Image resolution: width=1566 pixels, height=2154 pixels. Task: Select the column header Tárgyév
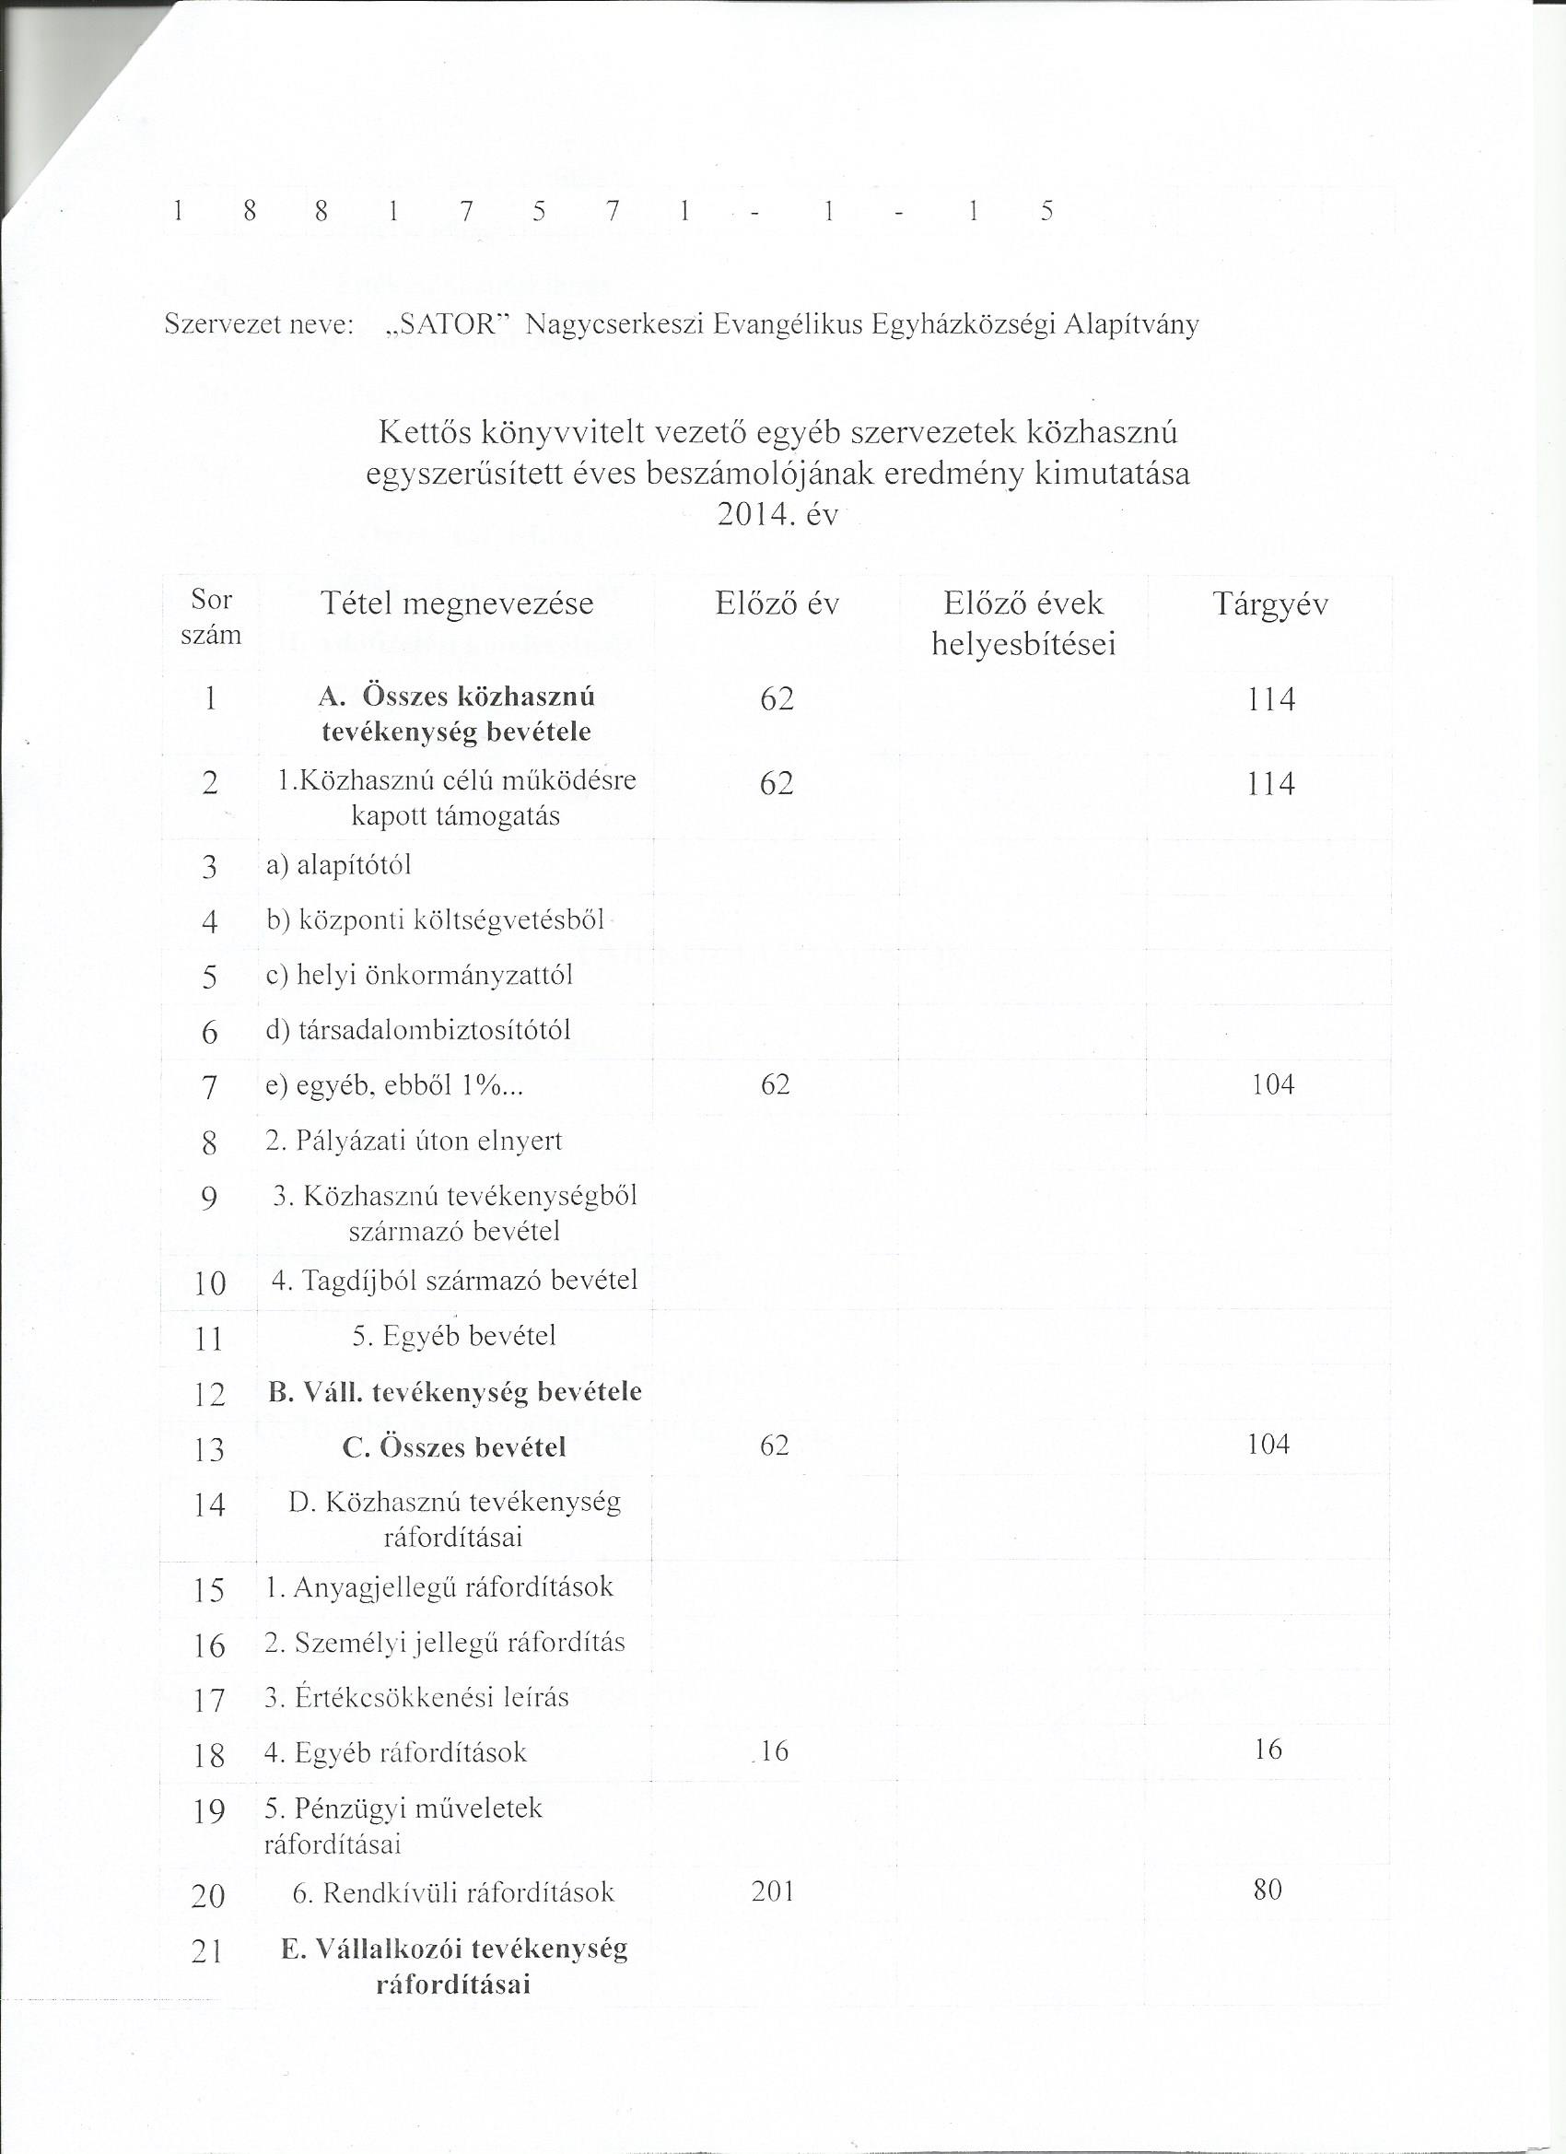pyautogui.click(x=1269, y=604)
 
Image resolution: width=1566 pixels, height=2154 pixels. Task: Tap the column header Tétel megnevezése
pyautogui.click(x=457, y=604)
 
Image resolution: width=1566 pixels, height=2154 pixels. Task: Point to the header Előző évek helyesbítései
pyautogui.click(x=1023, y=623)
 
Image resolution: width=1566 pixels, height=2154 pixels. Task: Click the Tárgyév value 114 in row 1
pyautogui.click(x=1271, y=700)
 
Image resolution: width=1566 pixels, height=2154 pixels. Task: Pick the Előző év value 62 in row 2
pyautogui.click(x=776, y=783)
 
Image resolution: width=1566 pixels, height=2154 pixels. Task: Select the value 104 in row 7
pyautogui.click(x=1272, y=1084)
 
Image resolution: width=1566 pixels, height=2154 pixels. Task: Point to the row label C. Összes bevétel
pyautogui.click(x=454, y=1447)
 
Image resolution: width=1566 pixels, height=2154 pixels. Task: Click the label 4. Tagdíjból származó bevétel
pyautogui.click(x=454, y=1281)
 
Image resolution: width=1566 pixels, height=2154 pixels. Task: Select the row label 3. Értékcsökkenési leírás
pyautogui.click(x=417, y=1697)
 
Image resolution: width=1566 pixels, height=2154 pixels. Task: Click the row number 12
pyautogui.click(x=209, y=1394)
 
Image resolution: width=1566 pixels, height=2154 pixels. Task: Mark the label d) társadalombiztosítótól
pyautogui.click(x=418, y=1030)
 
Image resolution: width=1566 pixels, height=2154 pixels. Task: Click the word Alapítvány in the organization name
pyautogui.click(x=1131, y=325)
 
